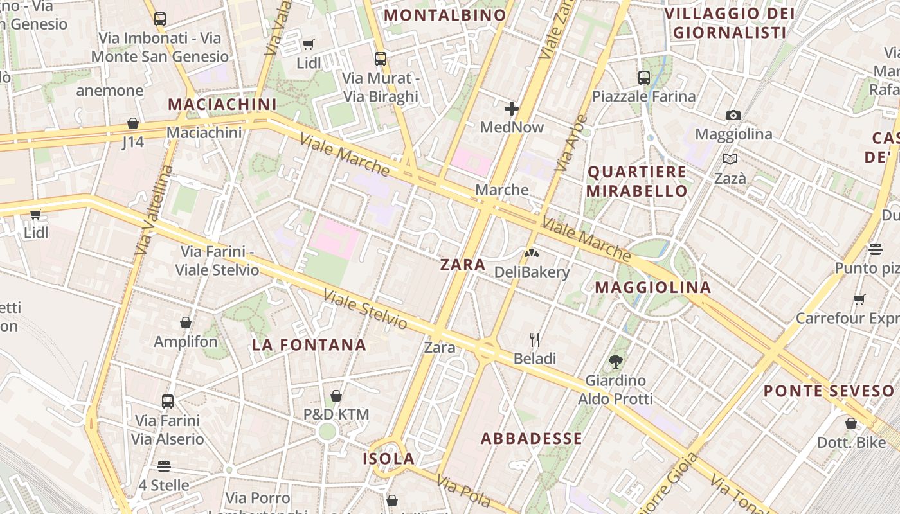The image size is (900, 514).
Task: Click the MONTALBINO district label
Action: point(445,15)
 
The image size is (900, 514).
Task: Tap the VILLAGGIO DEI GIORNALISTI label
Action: point(729,22)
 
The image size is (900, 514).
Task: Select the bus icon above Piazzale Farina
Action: point(644,78)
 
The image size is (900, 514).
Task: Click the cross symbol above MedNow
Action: point(512,108)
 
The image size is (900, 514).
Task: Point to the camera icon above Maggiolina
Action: point(733,116)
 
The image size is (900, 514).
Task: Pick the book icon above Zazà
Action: point(730,159)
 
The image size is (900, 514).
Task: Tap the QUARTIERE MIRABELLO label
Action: point(637,181)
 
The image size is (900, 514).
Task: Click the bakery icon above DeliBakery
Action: point(532,253)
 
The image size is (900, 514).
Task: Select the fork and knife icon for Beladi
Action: point(535,339)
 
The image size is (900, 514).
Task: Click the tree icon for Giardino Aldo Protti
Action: point(616,361)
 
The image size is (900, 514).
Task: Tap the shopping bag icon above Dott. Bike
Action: point(851,424)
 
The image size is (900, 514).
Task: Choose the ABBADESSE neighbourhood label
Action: point(532,439)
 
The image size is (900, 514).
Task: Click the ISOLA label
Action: point(388,459)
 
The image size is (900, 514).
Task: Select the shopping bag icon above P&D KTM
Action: point(336,396)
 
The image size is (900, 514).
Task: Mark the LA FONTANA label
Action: point(309,345)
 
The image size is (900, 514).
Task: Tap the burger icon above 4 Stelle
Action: point(164,466)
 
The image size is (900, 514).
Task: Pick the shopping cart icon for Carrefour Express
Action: point(859,299)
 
